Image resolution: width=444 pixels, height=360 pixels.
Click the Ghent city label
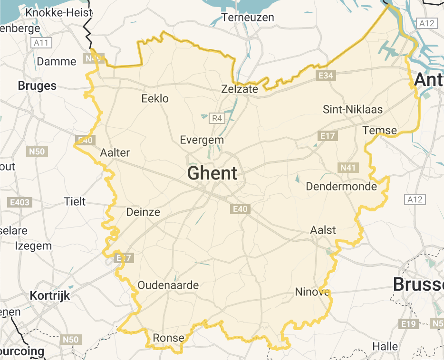click(212, 173)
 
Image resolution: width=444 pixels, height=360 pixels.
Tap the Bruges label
click(37, 86)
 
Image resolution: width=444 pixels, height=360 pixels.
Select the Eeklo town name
click(155, 99)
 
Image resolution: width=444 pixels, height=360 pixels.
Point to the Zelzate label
click(240, 89)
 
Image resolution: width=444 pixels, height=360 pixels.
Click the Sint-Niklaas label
click(353, 109)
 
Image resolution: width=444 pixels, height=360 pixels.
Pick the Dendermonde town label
click(341, 186)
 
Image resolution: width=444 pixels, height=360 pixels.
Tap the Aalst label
click(323, 230)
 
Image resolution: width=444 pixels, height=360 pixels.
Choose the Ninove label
click(312, 292)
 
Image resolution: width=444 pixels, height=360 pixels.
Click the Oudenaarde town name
click(168, 285)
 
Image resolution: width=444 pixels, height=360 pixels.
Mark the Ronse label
click(168, 338)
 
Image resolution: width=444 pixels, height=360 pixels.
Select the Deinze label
click(143, 212)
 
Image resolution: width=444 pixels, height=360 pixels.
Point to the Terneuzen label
click(248, 18)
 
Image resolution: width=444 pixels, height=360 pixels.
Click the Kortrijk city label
click(49, 295)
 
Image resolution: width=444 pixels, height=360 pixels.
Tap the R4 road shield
click(217, 118)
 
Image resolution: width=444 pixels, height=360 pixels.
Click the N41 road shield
click(348, 167)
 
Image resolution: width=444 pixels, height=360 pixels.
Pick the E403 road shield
click(20, 202)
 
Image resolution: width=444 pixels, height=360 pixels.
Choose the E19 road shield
click(407, 323)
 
